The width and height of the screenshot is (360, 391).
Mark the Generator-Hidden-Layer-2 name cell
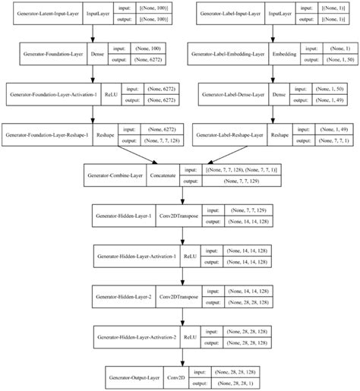click(122, 295)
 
